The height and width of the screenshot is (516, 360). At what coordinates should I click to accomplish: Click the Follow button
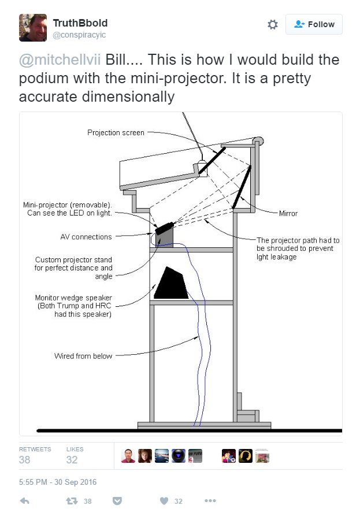pos(314,24)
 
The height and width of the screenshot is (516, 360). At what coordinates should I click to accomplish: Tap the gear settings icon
pos(273,24)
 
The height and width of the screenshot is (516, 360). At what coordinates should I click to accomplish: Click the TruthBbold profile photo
pos(33,27)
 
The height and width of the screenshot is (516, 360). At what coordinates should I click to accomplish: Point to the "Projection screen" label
pos(116,132)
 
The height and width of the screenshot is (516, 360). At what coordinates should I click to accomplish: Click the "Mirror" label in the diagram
pos(287,213)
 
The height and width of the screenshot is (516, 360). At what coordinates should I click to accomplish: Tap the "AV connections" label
pos(86,236)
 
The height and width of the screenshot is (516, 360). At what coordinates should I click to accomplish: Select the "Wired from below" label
pos(83,356)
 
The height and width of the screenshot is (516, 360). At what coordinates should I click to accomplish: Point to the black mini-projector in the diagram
pos(164,227)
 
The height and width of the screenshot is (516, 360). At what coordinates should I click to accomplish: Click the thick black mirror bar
pos(242,187)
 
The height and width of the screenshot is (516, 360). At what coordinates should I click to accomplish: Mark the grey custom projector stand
pos(165,238)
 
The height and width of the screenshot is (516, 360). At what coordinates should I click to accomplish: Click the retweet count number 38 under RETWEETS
pos(25,460)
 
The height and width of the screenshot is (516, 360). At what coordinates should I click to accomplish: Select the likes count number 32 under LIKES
pos(72,460)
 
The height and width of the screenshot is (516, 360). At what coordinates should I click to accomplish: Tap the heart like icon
pos(164,501)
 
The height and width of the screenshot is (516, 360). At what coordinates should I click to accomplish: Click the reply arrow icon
pos(25,501)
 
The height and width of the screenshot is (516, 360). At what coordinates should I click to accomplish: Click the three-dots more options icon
pos(210,501)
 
